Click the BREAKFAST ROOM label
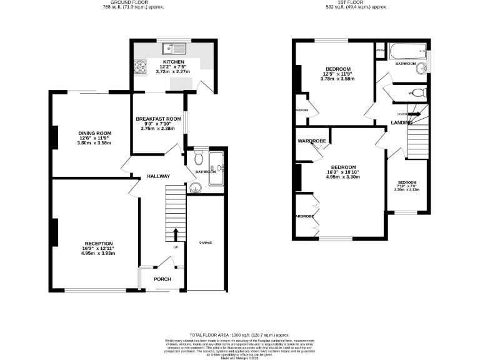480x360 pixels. coord(158,119)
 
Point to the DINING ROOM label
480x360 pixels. coord(94,133)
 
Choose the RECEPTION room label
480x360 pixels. coord(99,243)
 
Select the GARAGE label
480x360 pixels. coord(204,242)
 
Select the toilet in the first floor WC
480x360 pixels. coord(419,93)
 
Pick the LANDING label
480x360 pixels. coord(401,122)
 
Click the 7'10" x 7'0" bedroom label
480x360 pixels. coord(406,186)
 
